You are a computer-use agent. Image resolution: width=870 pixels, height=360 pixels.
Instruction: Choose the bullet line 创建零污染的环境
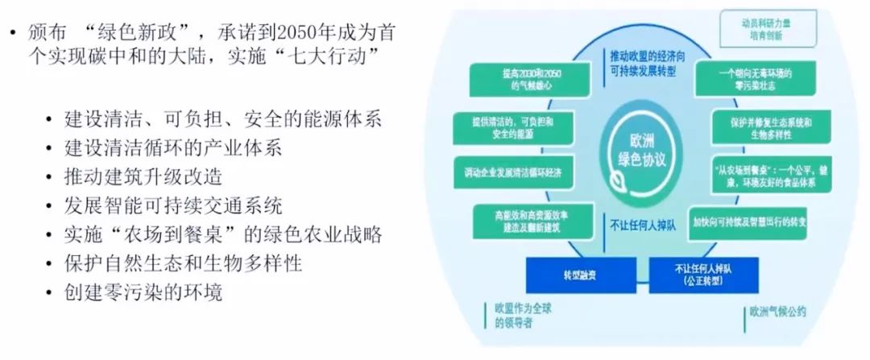[143, 291]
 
